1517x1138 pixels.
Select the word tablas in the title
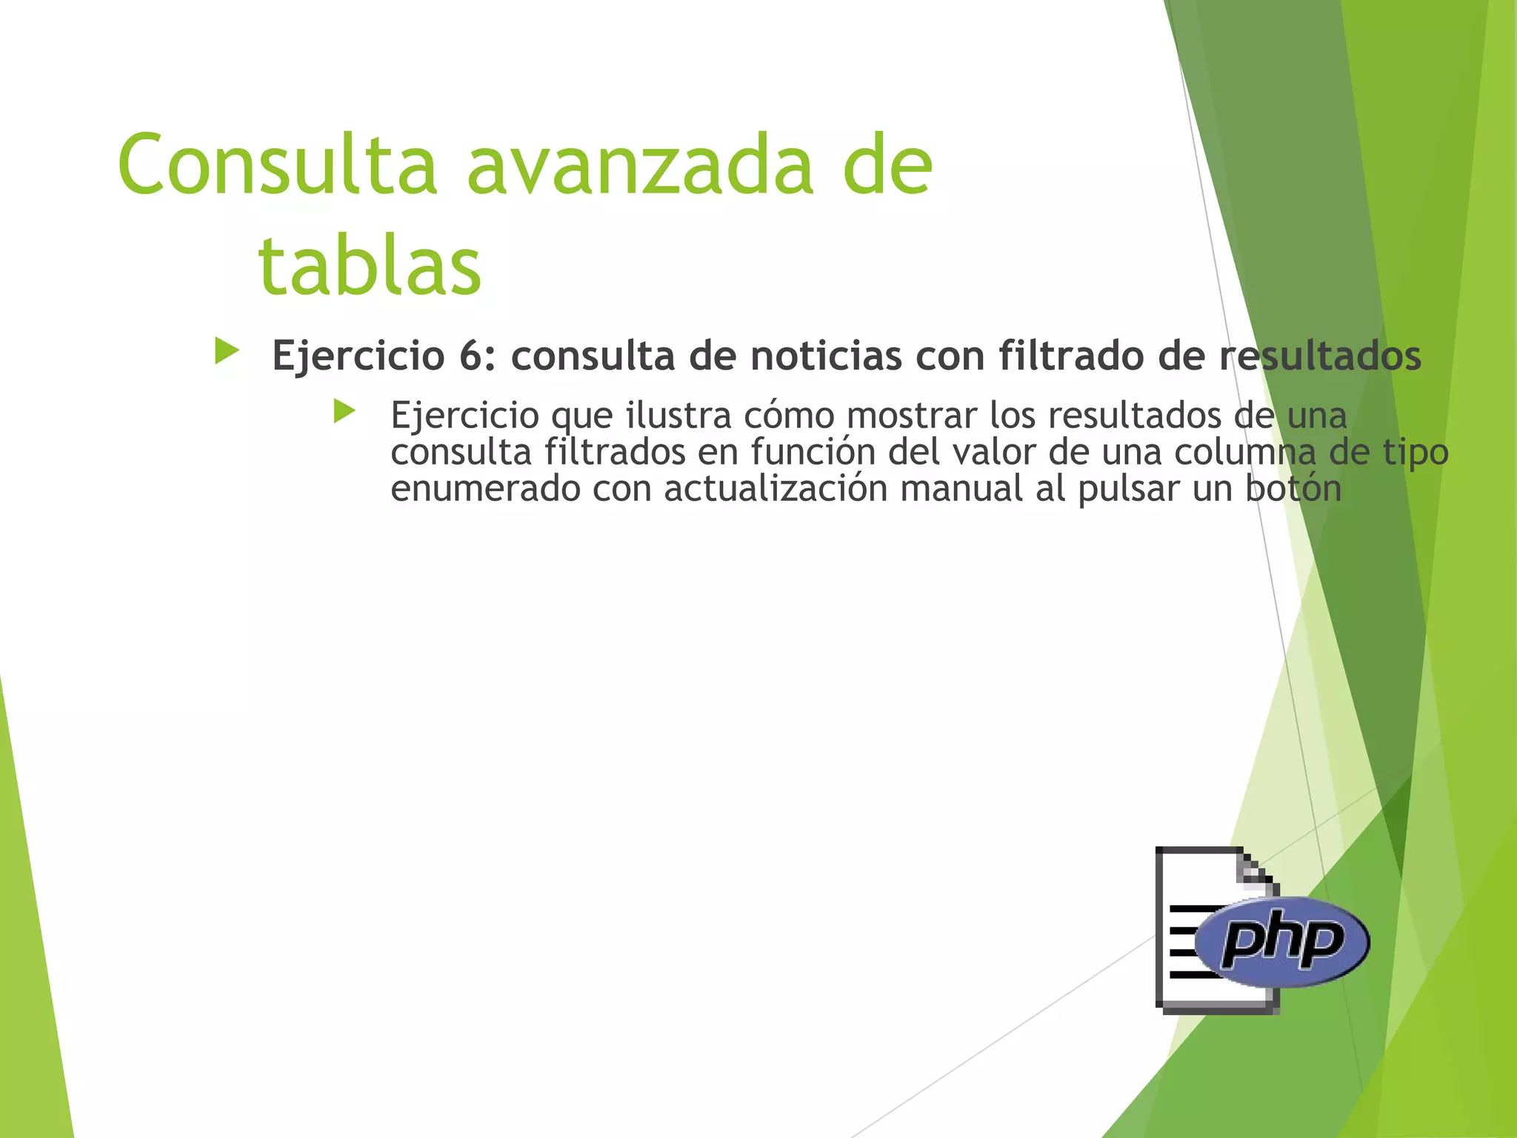tap(370, 265)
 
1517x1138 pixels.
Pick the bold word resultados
tap(1320, 356)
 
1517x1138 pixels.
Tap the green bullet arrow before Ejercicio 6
tap(227, 351)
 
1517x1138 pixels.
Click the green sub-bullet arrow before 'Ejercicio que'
tap(344, 411)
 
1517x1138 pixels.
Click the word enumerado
tap(485, 489)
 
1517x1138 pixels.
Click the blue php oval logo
tap(1283, 942)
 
